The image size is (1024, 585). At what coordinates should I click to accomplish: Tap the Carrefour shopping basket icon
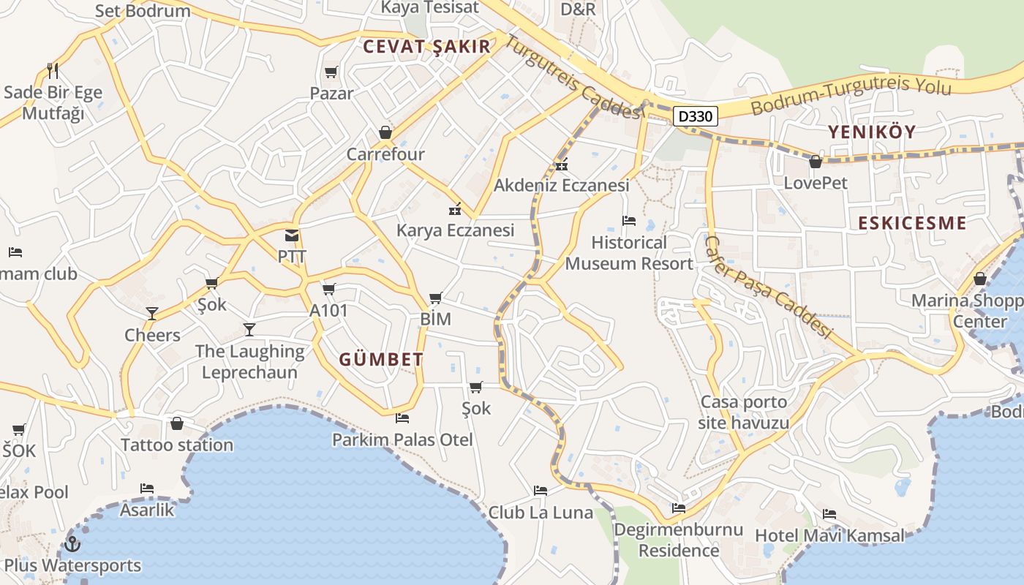click(x=385, y=132)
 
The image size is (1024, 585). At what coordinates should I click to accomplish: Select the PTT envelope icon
click(x=292, y=235)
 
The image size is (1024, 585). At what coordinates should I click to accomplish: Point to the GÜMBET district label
click(x=381, y=359)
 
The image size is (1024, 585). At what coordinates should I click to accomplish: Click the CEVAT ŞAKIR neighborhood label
click(x=426, y=47)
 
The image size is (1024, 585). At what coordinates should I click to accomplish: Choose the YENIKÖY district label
click(x=872, y=132)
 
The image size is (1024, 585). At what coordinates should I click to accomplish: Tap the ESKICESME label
click(x=912, y=223)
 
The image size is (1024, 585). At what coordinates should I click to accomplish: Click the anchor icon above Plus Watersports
click(x=72, y=544)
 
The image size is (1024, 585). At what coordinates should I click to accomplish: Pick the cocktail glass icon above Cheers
click(x=152, y=314)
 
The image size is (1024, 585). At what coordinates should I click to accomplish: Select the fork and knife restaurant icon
click(x=52, y=71)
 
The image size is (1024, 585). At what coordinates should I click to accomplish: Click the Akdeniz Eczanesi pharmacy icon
click(x=562, y=165)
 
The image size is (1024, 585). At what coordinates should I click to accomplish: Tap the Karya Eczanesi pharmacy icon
click(x=455, y=209)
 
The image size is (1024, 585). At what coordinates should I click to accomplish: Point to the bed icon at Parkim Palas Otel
click(x=402, y=418)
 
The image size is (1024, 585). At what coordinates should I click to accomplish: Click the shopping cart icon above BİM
click(x=436, y=298)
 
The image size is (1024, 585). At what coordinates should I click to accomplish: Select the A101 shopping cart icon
click(x=329, y=290)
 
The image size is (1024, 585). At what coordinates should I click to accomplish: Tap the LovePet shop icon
click(x=816, y=162)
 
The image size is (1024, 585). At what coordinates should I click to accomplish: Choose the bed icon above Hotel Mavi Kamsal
click(x=829, y=514)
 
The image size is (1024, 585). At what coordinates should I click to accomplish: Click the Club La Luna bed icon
click(x=541, y=491)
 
